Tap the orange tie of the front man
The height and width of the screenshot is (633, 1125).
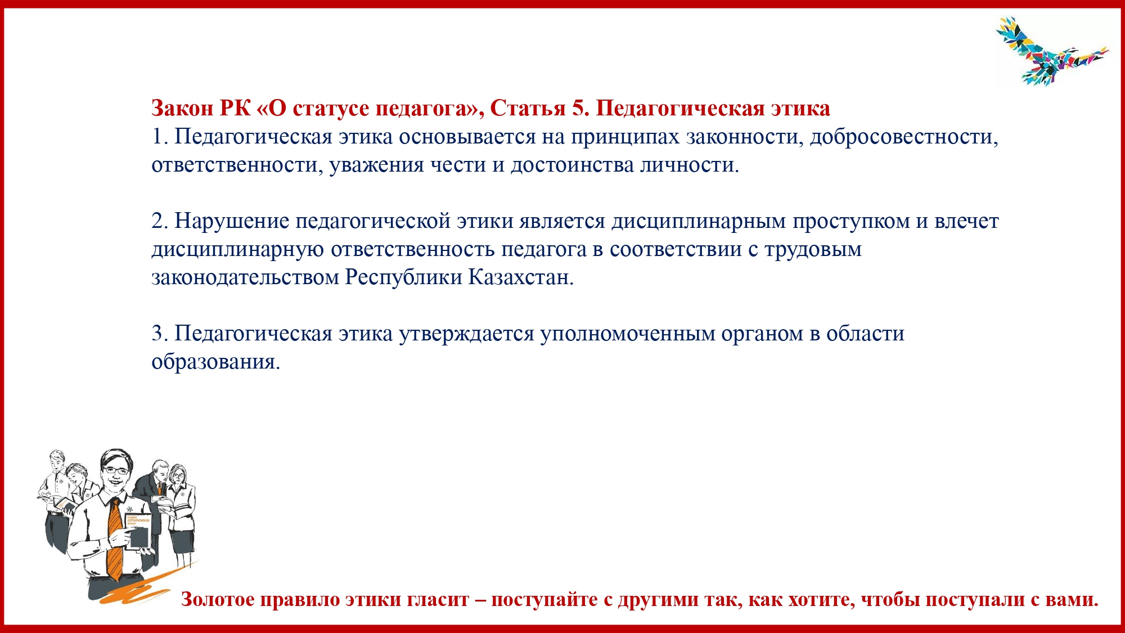click(x=114, y=540)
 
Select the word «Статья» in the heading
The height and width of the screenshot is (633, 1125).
click(x=528, y=108)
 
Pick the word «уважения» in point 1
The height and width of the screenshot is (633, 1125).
click(x=376, y=165)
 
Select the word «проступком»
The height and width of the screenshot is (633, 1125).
click(x=851, y=222)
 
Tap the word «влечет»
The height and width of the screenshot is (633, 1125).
click(x=966, y=221)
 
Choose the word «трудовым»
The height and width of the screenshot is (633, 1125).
click(x=813, y=250)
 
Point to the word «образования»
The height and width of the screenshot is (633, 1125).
click(x=215, y=362)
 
